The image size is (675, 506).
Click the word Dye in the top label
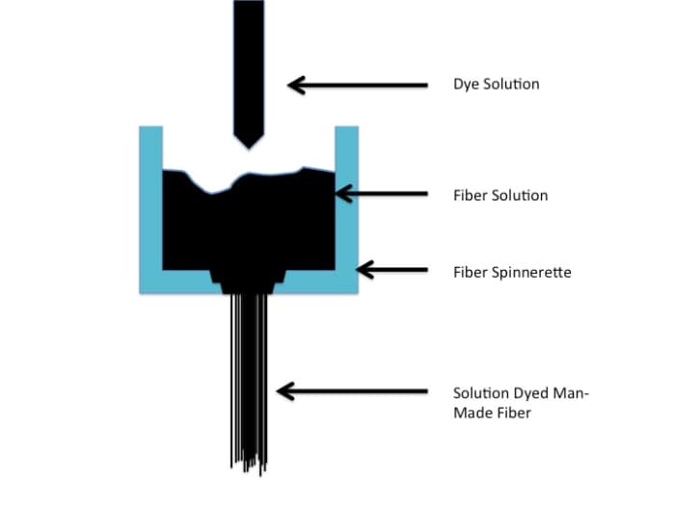pyautogui.click(x=466, y=84)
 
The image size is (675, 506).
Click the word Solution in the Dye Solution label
pyautogui.click(x=510, y=84)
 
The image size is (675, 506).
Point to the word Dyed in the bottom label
pyautogui.click(x=529, y=392)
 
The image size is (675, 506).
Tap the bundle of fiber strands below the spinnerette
pyautogui.click(x=248, y=366)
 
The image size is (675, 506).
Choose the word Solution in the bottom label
pyautogui.click(x=479, y=392)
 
